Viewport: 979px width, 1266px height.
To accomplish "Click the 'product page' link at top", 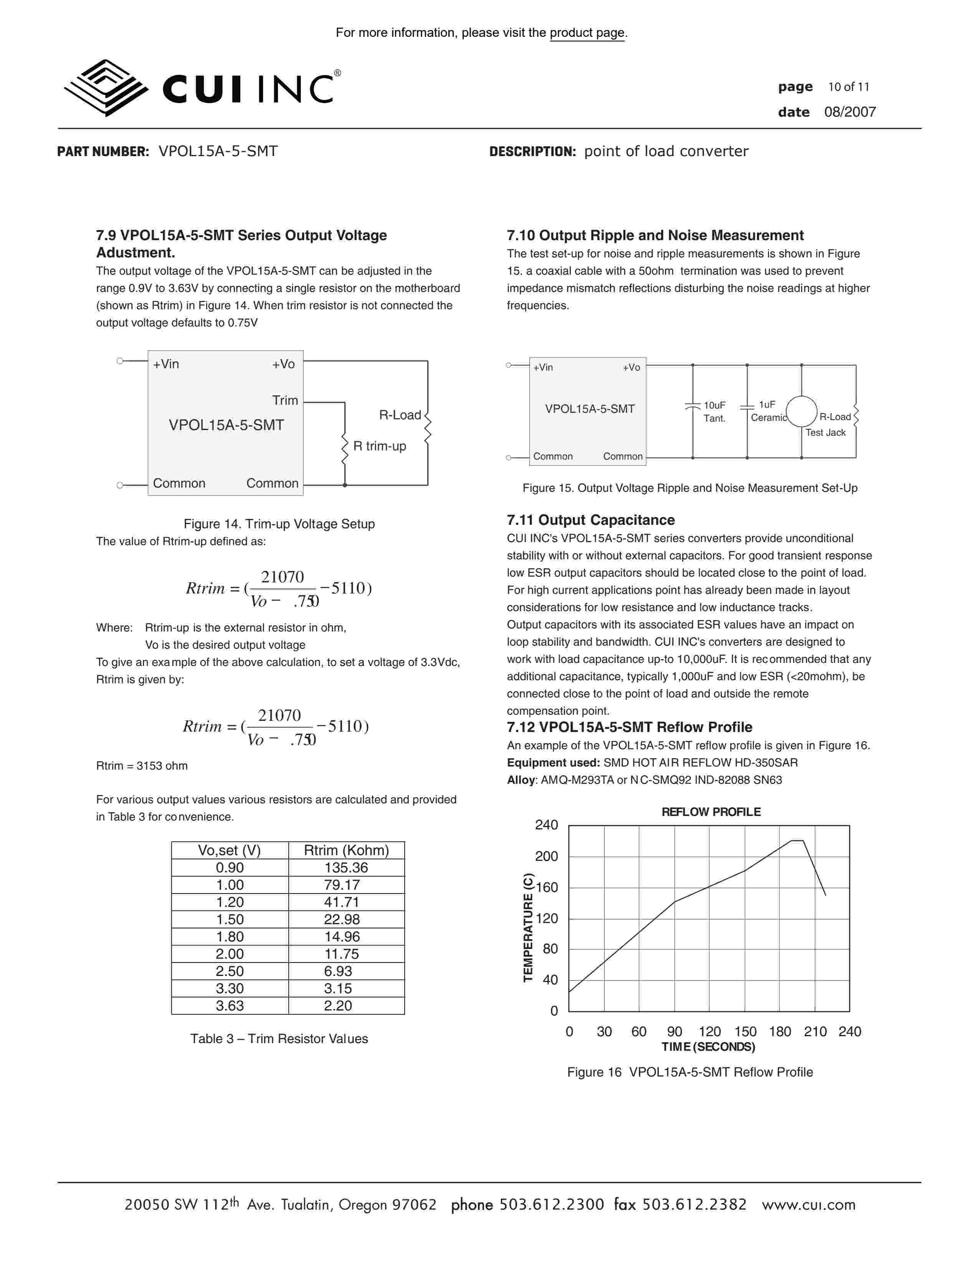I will coord(587,33).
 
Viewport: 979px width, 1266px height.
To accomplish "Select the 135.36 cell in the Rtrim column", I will coord(346,868).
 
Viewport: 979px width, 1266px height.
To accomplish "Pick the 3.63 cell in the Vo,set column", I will coord(230,1006).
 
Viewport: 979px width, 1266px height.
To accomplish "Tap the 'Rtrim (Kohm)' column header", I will coord(346,851).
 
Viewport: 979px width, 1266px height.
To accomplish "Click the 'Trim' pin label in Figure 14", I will coord(285,401).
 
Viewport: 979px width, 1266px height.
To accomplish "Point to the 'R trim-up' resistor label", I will coord(379,446).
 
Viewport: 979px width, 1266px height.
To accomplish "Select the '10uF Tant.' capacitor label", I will coord(714,412).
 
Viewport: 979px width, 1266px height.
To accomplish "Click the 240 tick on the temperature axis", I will coord(546,825).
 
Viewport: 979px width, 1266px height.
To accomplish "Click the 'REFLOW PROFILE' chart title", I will coord(711,812).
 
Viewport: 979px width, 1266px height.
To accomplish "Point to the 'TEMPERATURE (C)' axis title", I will coord(528,928).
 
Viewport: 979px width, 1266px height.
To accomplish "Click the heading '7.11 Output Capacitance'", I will coord(590,520).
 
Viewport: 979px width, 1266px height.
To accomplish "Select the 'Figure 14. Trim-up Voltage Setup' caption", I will coord(279,524).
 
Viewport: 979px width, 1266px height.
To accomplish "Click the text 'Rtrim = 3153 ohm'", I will coord(142,766).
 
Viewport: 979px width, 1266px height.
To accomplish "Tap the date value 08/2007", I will coord(850,112).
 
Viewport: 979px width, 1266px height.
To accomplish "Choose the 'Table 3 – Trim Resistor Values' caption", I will coord(279,1039).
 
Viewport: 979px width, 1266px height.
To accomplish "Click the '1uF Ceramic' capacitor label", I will coord(767,411).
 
